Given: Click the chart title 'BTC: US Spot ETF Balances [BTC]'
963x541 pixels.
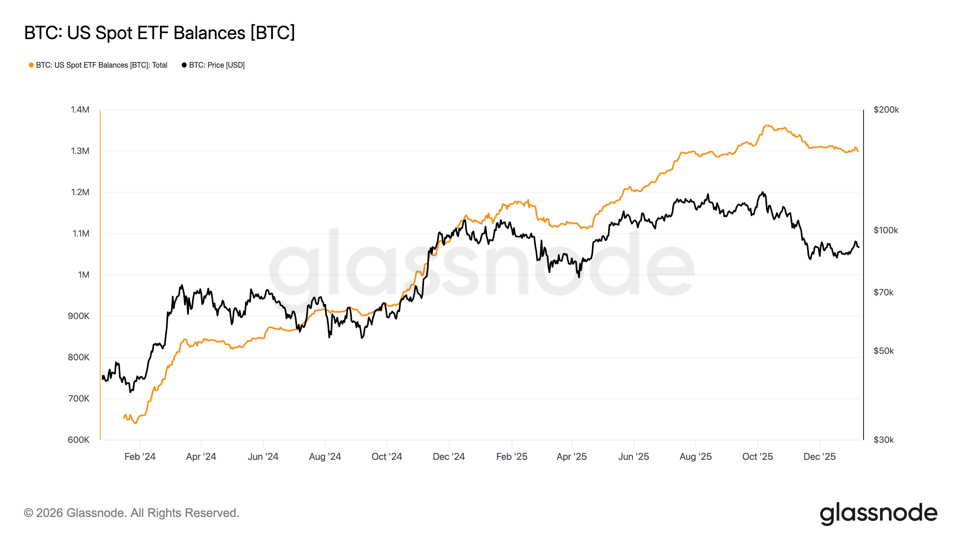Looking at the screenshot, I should tap(159, 33).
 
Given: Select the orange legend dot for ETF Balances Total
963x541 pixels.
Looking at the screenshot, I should tap(31, 65).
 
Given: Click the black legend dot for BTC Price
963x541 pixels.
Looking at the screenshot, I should tap(184, 65).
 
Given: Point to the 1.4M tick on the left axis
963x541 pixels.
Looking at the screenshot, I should tap(80, 110).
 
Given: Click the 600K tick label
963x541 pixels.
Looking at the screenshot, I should tap(79, 440).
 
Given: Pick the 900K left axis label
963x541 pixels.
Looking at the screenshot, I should tap(79, 316).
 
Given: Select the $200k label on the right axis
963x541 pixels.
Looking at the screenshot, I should tap(886, 110).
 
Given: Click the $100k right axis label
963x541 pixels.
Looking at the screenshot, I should tap(886, 230).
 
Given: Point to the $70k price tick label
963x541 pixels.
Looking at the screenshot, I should tap(883, 292).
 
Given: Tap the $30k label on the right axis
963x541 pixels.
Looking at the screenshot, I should tap(883, 440).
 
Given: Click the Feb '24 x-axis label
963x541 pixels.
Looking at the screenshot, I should tap(140, 457).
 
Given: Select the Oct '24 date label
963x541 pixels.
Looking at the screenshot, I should tap(386, 457).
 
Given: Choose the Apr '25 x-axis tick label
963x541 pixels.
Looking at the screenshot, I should tap(571, 457).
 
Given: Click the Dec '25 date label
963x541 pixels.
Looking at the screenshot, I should tap(819, 457).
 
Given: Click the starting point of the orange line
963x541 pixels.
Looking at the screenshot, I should tap(125, 417).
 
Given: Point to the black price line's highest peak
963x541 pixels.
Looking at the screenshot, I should tap(763, 192).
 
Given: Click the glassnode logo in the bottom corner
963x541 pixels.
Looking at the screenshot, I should tap(878, 513).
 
